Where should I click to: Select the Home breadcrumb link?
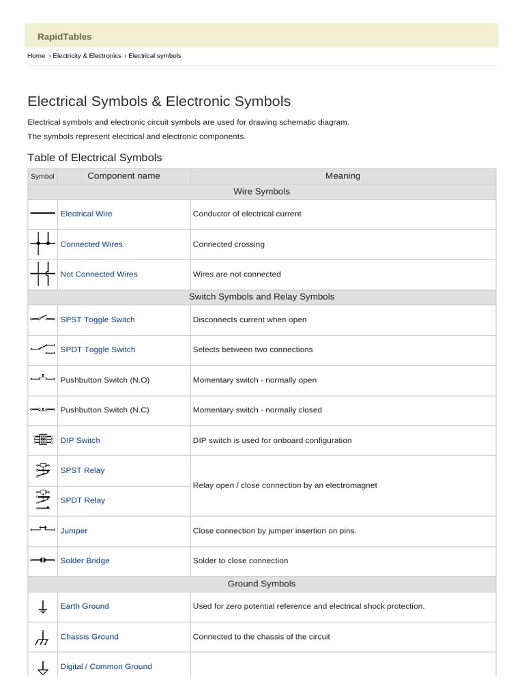[x=36, y=56]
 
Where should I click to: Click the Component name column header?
[x=123, y=176]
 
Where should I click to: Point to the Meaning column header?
[x=343, y=176]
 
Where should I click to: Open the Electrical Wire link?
[x=86, y=214]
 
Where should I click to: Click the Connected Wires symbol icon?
[x=42, y=244]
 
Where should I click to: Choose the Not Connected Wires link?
[x=99, y=274]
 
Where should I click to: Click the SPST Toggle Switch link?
[x=98, y=319]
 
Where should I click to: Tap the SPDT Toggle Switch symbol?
[x=42, y=349]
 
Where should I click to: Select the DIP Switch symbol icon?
[x=42, y=440]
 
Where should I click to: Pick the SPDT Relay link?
[x=83, y=500]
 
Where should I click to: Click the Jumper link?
[x=74, y=530]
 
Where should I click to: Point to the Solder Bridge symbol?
[x=42, y=560]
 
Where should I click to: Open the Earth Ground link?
[x=85, y=606]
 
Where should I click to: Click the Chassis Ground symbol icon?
[x=42, y=637]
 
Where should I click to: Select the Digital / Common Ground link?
[x=106, y=667]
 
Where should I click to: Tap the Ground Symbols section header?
[x=261, y=584]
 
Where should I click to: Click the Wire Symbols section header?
[x=261, y=191]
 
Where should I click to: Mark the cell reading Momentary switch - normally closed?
[x=257, y=410]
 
